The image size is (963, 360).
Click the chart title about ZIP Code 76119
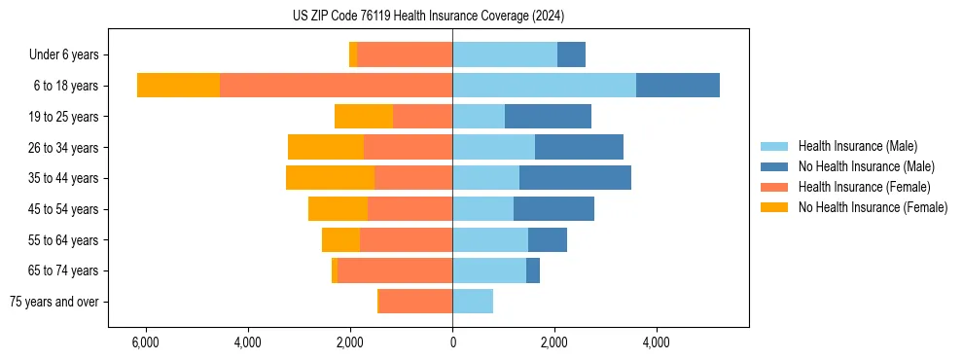pyautogui.click(x=428, y=17)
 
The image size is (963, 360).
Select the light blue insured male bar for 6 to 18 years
pyautogui.click(x=544, y=86)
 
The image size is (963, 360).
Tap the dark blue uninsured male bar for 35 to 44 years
pyautogui.click(x=575, y=178)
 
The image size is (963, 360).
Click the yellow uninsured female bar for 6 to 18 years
pyautogui.click(x=178, y=86)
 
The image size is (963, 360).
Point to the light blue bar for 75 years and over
pyautogui.click(x=473, y=302)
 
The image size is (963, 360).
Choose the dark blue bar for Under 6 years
pyautogui.click(x=571, y=55)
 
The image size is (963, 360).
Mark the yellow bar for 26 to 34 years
pyautogui.click(x=326, y=148)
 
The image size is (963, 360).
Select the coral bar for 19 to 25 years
pyautogui.click(x=422, y=117)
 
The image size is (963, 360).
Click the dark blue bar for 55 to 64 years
pyautogui.click(x=548, y=240)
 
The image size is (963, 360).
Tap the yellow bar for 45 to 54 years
pyautogui.click(x=338, y=209)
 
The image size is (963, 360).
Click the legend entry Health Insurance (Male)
pyautogui.click(x=857, y=146)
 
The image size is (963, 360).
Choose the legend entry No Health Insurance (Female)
pyautogui.click(x=873, y=207)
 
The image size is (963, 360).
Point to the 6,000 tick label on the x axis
pyautogui.click(x=145, y=343)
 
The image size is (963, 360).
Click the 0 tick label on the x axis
pyautogui.click(x=452, y=343)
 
